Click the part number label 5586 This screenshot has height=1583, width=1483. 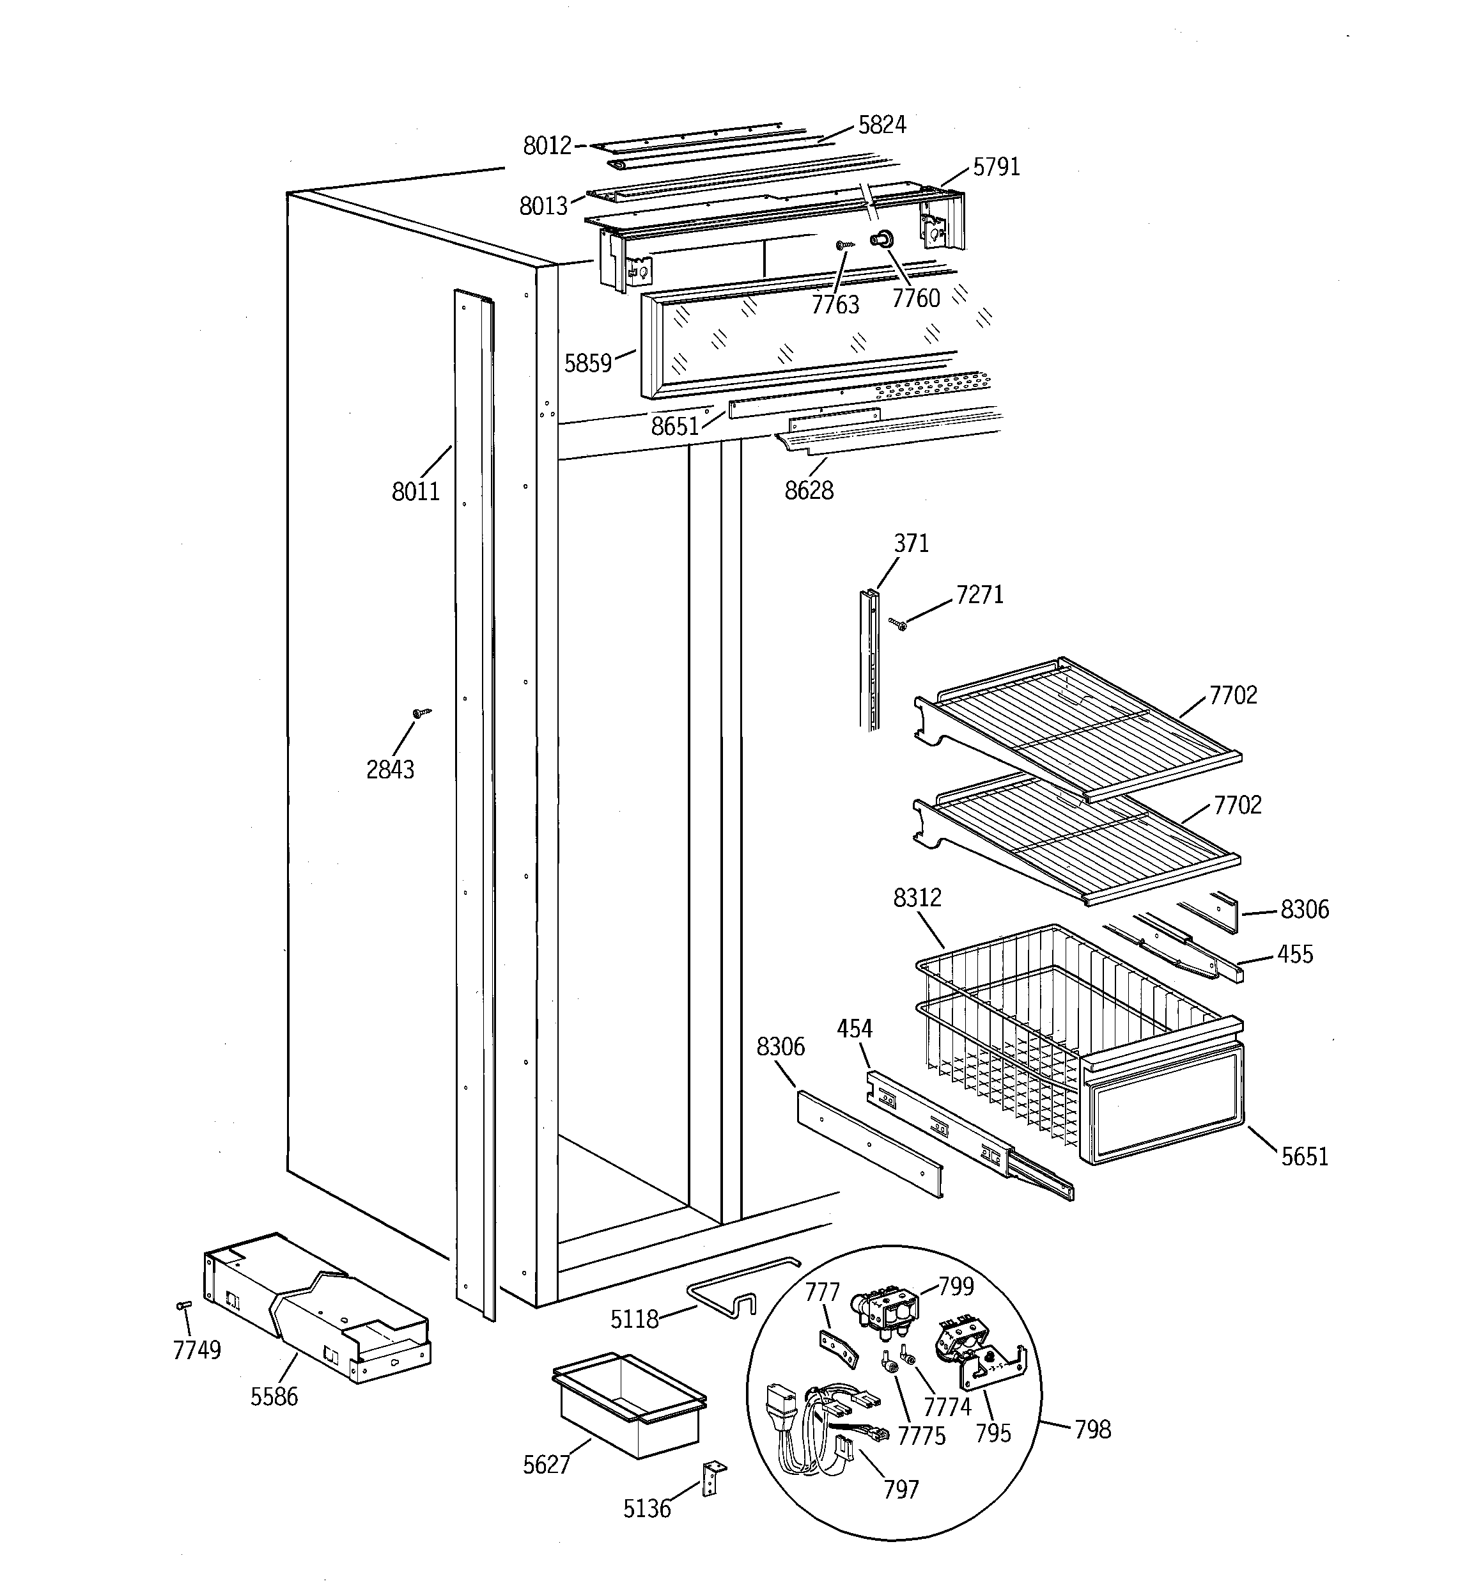click(274, 1396)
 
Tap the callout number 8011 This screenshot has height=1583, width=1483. click(415, 491)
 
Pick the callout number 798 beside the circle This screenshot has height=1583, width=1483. click(1092, 1429)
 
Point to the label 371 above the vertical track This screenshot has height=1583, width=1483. click(912, 543)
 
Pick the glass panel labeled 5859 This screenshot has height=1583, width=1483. click(796, 338)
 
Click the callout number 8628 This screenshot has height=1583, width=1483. click(809, 491)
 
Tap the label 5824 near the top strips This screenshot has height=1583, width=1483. click(882, 125)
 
